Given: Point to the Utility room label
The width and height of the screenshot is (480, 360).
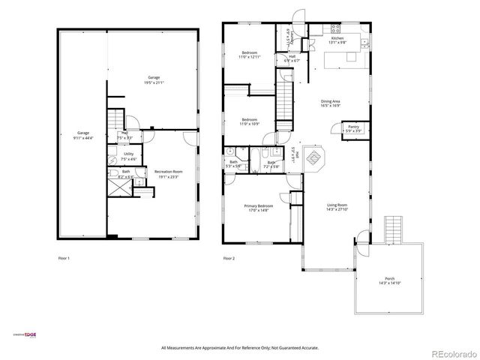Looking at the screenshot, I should tap(129, 156).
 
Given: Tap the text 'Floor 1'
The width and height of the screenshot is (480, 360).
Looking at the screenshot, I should tap(64, 258).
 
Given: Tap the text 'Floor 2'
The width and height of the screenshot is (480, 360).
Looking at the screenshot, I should tap(229, 258).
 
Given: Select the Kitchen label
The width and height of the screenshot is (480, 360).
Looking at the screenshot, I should tap(337, 40).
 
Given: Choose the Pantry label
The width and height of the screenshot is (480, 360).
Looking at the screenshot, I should tap(353, 129).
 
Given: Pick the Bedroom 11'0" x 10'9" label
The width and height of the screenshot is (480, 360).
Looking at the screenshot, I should tap(249, 121).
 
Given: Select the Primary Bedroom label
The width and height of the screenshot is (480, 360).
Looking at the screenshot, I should tap(256, 208).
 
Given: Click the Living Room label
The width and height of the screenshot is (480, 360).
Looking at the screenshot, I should tap(337, 207).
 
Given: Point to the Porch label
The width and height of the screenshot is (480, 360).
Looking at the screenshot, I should tap(390, 281).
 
